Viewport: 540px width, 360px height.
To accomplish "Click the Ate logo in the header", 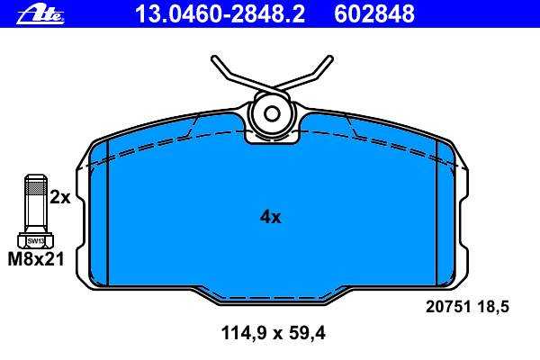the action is click(x=40, y=15).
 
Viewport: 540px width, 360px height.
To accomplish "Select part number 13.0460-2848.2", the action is click(x=220, y=14).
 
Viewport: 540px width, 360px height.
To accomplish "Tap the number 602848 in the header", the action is click(x=374, y=14).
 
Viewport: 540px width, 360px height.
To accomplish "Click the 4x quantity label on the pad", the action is click(x=270, y=217).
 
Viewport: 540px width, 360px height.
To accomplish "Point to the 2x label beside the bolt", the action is click(x=60, y=197).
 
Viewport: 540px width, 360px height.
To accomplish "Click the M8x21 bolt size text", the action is click(x=36, y=259).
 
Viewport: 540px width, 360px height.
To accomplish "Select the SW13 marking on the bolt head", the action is click(x=36, y=241).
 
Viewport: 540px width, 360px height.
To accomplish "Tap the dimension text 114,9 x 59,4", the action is click(x=273, y=333).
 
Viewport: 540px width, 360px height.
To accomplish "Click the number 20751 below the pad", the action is click(x=448, y=307).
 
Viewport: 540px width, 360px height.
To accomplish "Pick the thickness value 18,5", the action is click(x=493, y=307).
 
